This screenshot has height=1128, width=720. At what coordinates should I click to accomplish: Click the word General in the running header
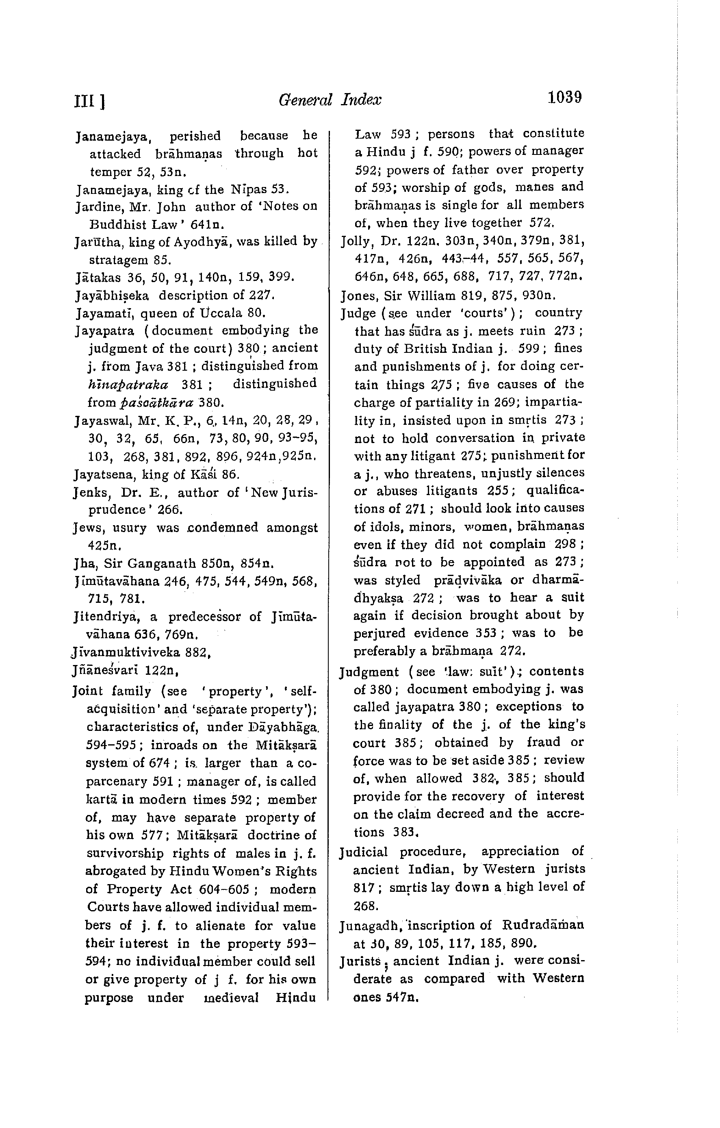click(x=305, y=99)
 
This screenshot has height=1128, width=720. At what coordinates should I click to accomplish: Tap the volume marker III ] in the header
click(x=89, y=101)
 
